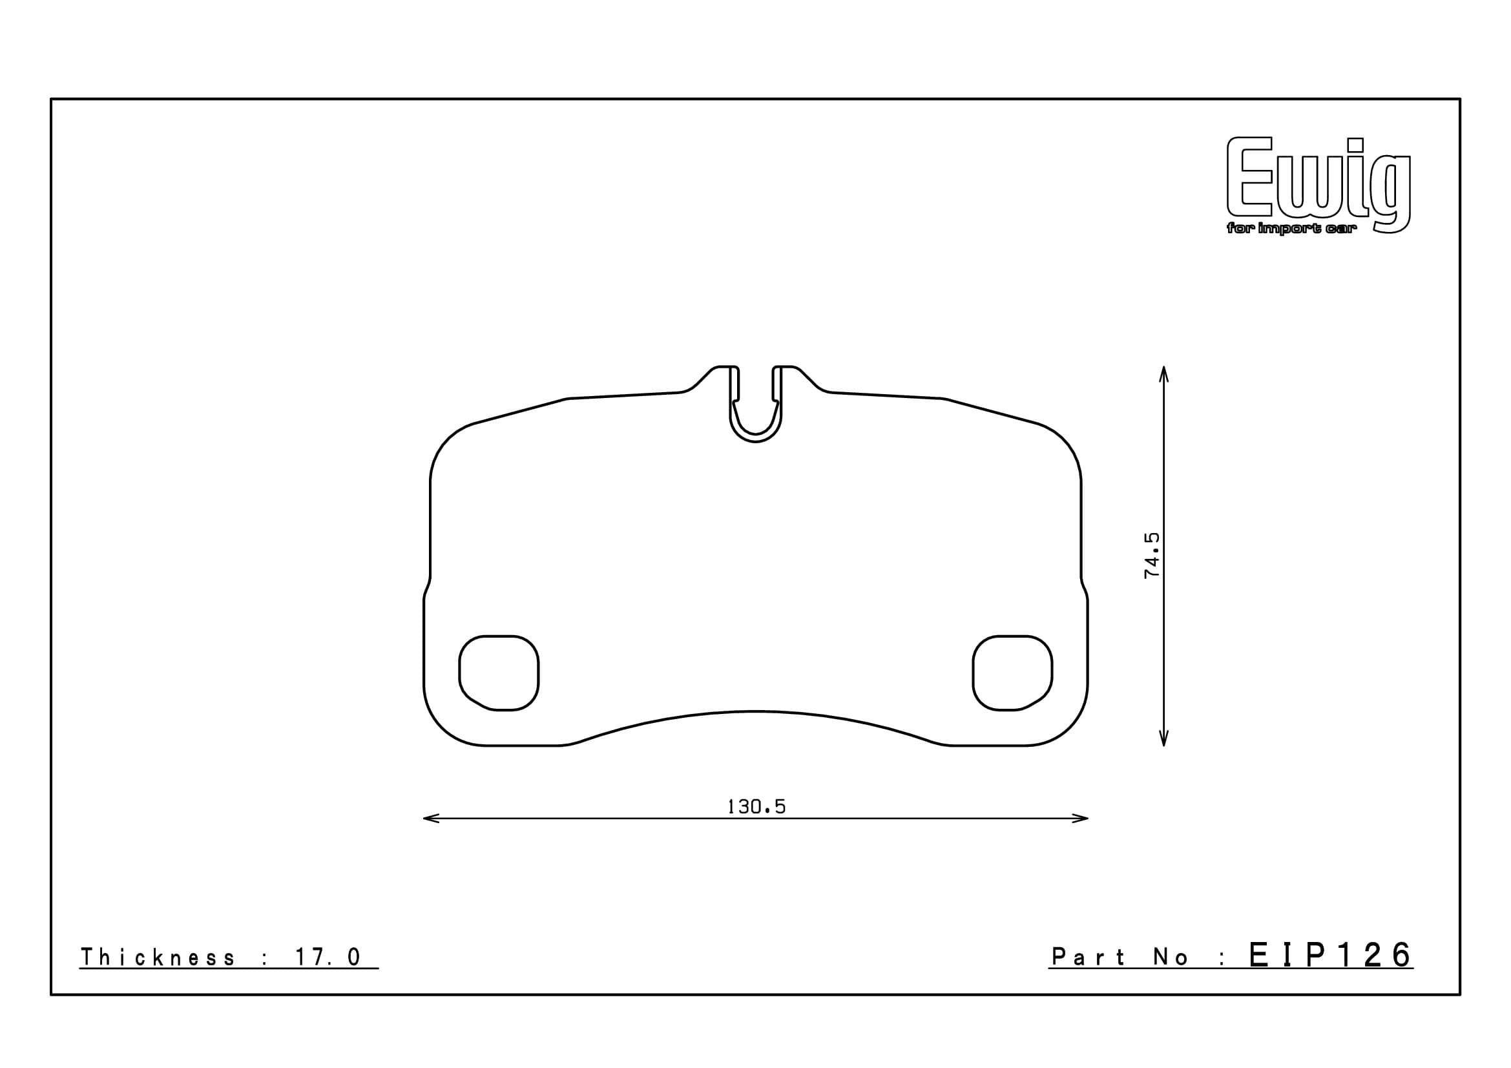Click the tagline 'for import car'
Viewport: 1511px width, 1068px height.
pyautogui.click(x=1291, y=229)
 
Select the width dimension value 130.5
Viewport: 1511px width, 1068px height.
pyautogui.click(x=756, y=807)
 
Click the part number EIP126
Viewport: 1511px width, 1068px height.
pyautogui.click(x=1330, y=956)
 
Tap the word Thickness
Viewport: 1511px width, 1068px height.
pyautogui.click(x=157, y=958)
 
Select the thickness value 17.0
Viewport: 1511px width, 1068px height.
pyautogui.click(x=328, y=958)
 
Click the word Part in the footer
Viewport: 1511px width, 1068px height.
pyautogui.click(x=1089, y=958)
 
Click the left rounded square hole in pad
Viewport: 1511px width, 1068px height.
pyautogui.click(x=499, y=673)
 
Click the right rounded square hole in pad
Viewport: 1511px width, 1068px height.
pyautogui.click(x=1012, y=673)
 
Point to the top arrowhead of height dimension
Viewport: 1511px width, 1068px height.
pyautogui.click(x=1163, y=371)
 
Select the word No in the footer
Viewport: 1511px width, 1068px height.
pyautogui.click(x=1171, y=958)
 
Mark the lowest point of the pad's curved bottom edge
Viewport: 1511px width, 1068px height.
pyautogui.click(x=756, y=711)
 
